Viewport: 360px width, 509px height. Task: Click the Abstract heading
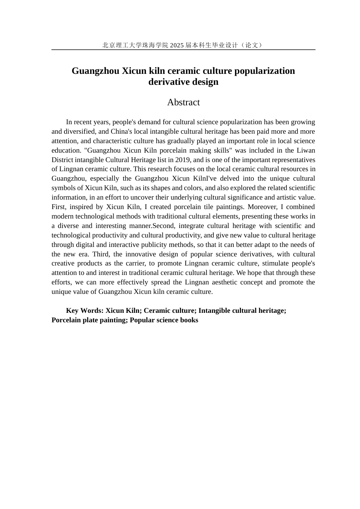183,102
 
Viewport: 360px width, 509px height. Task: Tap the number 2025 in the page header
177,45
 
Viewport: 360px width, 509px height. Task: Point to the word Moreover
262,207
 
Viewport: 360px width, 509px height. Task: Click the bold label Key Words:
85,311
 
